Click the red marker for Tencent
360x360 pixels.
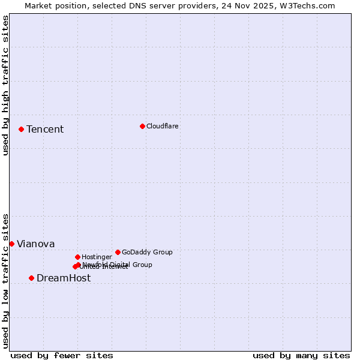pyautogui.click(x=21, y=129)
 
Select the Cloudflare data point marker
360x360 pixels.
pyautogui.click(x=142, y=126)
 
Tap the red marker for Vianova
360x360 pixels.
pyautogui.click(x=11, y=244)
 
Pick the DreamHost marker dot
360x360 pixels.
pyautogui.click(x=31, y=278)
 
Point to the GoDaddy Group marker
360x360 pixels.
pyautogui.click(x=118, y=252)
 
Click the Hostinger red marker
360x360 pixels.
pyautogui.click(x=77, y=257)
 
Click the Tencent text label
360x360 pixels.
pyautogui.click(x=45, y=130)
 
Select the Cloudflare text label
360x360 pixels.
pyautogui.click(x=163, y=126)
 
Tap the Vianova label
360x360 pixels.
pyautogui.click(x=36, y=244)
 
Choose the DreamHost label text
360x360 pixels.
pyautogui.click(x=64, y=278)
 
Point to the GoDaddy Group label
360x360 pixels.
pyautogui.click(x=147, y=252)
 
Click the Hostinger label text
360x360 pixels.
pyautogui.click(x=97, y=257)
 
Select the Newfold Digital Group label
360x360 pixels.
pyautogui.click(x=118, y=264)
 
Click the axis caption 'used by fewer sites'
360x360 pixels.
pyautogui.click(x=62, y=355)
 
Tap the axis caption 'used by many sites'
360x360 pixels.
pyautogui.click(x=301, y=355)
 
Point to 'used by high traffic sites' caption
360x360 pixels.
pyautogui.click(x=6, y=85)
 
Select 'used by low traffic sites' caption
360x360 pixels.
pyautogui.click(x=6, y=281)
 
